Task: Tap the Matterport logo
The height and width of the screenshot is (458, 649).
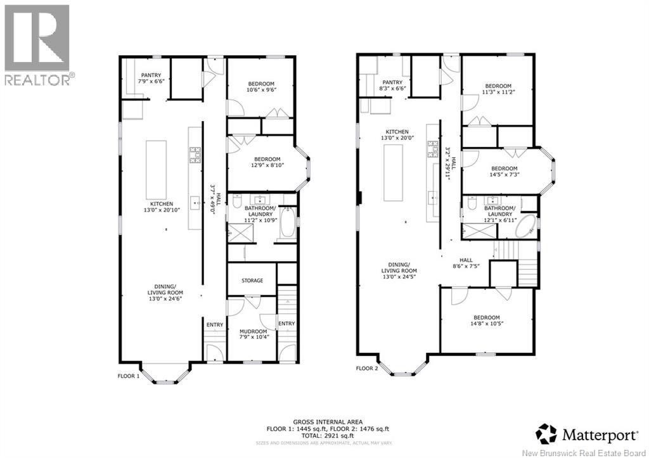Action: [587, 435]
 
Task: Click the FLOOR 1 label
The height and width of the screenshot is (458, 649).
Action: [128, 376]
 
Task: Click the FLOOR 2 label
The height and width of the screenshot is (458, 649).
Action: [366, 368]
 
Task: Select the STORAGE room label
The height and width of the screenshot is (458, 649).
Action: [252, 281]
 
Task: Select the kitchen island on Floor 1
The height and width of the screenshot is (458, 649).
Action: [156, 169]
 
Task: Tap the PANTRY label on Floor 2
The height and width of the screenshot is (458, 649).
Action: [392, 82]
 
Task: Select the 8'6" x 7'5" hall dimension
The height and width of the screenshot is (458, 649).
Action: [466, 266]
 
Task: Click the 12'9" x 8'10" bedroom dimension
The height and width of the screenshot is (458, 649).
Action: [262, 166]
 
